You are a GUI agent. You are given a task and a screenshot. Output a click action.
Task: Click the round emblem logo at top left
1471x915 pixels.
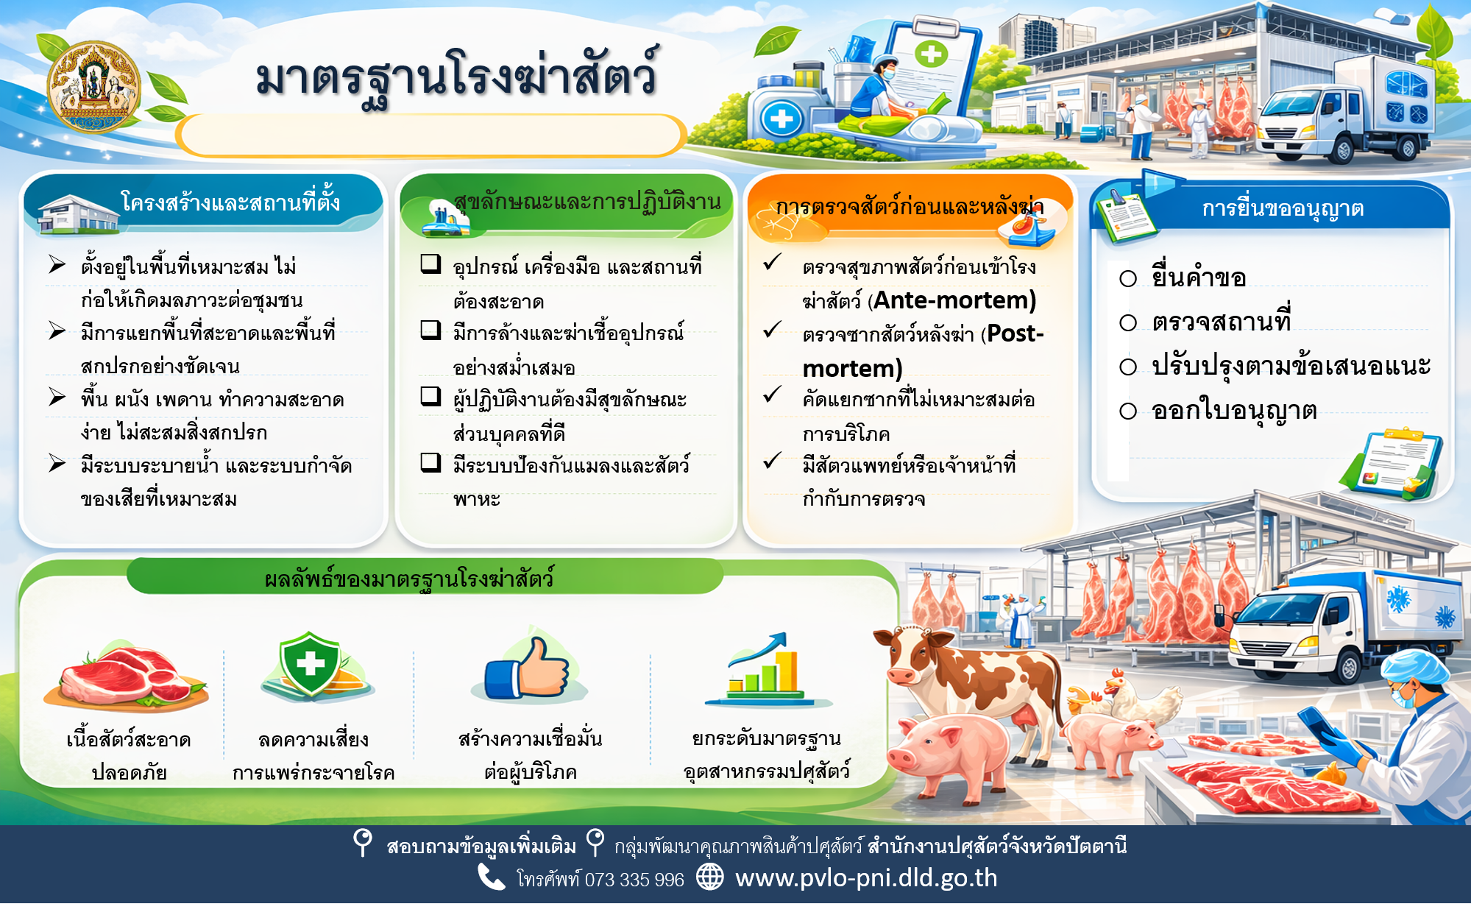click(93, 87)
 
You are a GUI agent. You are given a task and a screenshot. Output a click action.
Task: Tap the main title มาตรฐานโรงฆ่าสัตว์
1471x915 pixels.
click(456, 77)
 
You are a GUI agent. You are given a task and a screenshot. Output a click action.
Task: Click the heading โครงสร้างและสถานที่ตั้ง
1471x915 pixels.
click(230, 201)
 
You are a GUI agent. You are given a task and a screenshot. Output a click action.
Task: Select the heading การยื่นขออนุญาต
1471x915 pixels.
click(1283, 209)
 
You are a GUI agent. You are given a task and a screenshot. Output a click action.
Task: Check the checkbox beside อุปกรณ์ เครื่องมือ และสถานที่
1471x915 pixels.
click(430, 264)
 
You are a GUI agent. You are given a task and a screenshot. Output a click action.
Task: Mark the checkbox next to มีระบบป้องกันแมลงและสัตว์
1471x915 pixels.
click(430, 462)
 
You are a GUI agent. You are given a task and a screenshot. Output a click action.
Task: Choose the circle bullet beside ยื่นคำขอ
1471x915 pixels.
click(1128, 278)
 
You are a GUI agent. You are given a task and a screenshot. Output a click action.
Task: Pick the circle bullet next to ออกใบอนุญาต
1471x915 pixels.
click(1128, 411)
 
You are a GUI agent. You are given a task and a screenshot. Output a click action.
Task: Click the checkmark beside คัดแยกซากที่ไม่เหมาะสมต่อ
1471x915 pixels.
click(772, 395)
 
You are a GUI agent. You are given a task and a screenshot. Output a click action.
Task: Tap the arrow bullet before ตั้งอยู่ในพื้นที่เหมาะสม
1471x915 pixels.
click(57, 264)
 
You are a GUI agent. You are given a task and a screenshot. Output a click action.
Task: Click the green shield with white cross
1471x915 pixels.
click(311, 664)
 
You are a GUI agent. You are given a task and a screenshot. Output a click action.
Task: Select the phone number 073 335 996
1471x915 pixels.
click(634, 880)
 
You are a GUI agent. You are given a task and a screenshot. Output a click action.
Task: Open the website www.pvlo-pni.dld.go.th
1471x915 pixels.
click(866, 878)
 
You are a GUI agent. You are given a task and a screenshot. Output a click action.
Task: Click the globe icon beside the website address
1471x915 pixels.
click(710, 877)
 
